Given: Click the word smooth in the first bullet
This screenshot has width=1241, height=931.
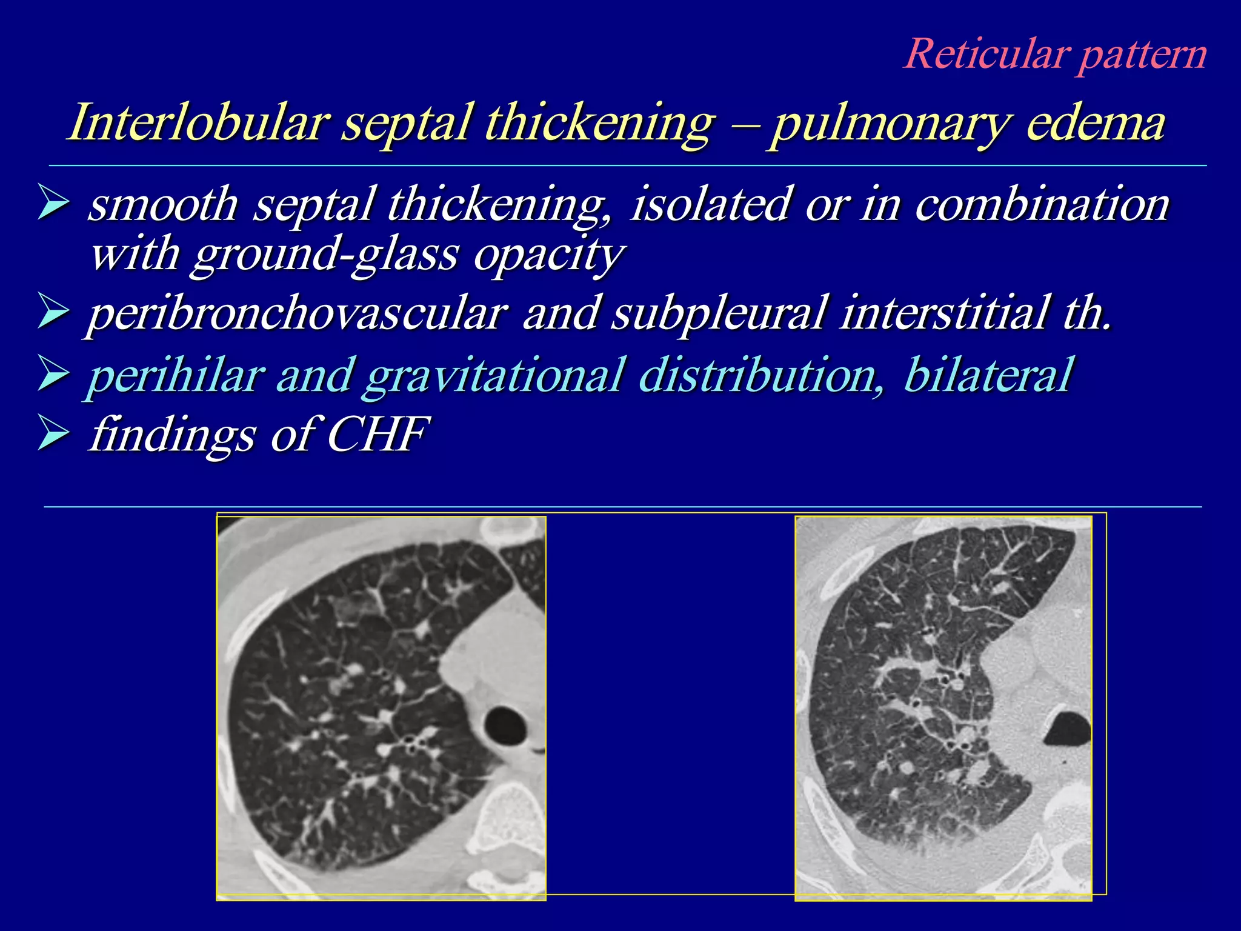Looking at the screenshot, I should (x=164, y=204).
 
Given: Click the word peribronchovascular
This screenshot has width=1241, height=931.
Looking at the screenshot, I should (x=297, y=314).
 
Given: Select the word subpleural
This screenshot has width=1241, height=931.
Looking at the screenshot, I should (x=717, y=314).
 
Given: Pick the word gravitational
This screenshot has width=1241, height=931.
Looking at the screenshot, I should (x=494, y=375).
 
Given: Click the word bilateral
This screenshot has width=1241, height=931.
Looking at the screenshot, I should (x=987, y=375).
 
